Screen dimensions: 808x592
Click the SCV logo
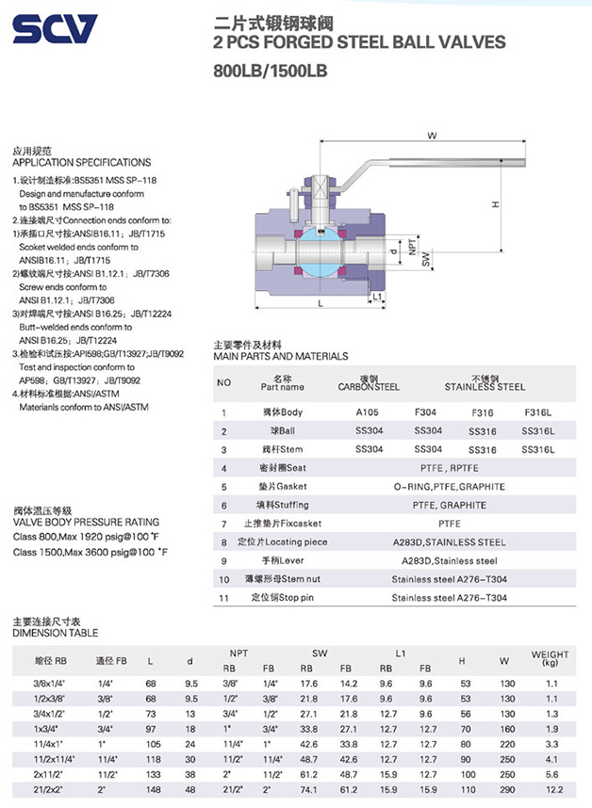click(x=56, y=29)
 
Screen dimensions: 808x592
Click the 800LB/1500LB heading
click(x=270, y=70)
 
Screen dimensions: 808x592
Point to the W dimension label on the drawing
click(x=432, y=136)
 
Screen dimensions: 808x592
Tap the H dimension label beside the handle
click(x=494, y=204)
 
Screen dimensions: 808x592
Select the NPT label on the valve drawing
click(x=412, y=248)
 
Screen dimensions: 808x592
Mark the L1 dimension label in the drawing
click(x=377, y=298)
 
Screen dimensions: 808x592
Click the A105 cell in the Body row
click(x=369, y=412)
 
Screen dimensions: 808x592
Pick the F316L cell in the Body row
click(x=538, y=412)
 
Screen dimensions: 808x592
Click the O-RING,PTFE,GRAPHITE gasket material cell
click(x=449, y=487)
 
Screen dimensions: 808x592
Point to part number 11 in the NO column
click(x=224, y=598)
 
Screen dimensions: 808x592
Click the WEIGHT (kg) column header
click(x=551, y=657)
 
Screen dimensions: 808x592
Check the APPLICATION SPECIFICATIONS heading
click(x=81, y=162)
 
